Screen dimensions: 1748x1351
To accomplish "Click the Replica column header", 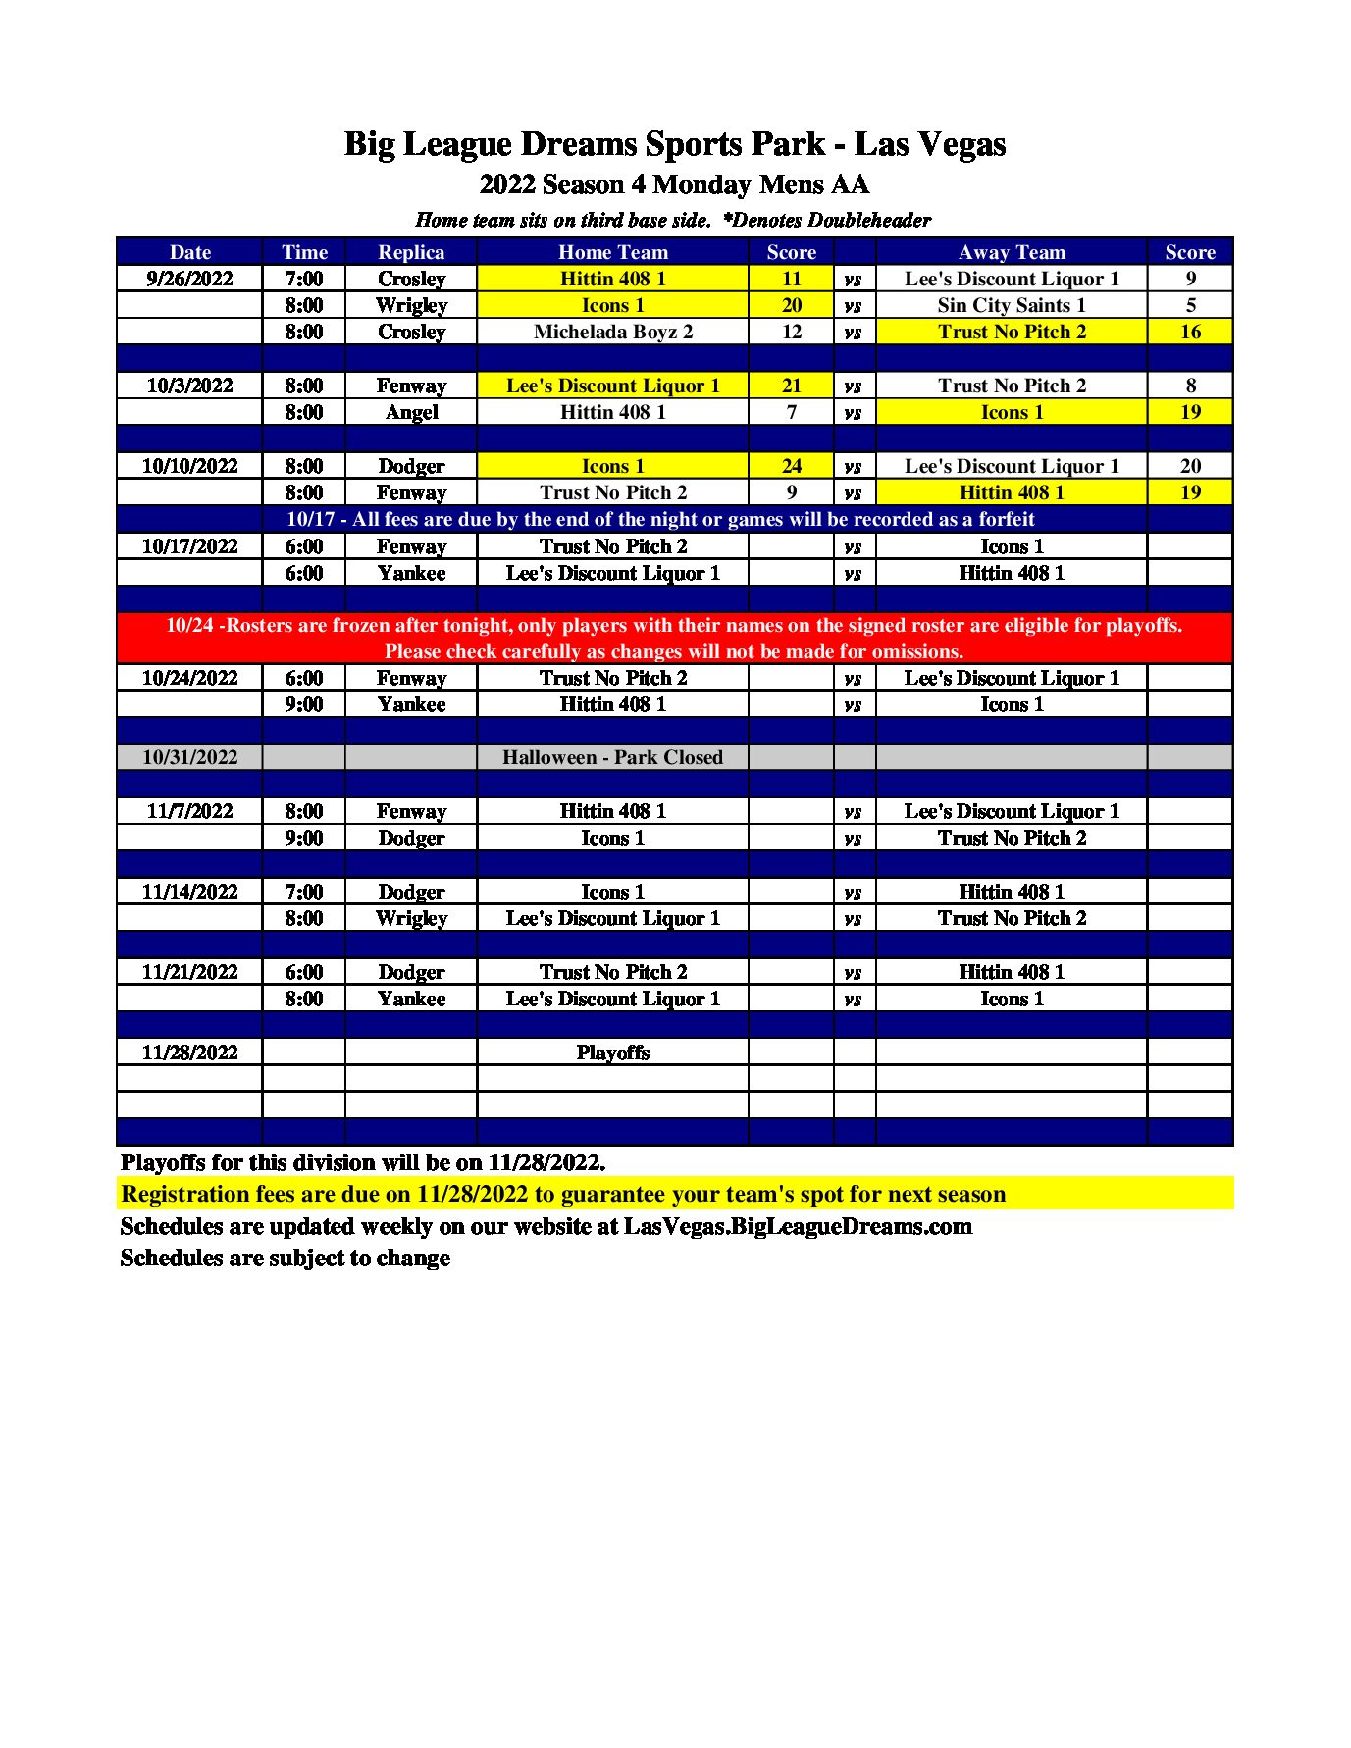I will [x=411, y=252].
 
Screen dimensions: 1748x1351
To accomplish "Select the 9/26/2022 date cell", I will [x=189, y=279].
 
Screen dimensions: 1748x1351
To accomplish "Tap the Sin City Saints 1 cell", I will [x=1011, y=305].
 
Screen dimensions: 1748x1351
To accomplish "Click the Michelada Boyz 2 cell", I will [x=612, y=332].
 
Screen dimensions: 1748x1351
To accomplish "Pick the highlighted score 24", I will [x=791, y=466].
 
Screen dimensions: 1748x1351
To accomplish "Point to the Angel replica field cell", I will [x=411, y=412].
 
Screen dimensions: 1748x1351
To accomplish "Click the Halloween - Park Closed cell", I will [x=612, y=757].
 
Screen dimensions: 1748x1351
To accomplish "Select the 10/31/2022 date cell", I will [x=189, y=757].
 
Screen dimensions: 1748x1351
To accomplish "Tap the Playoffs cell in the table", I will [x=612, y=1053].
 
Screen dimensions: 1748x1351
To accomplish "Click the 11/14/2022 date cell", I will [x=189, y=892].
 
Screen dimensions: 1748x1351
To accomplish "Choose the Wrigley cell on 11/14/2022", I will [x=411, y=918].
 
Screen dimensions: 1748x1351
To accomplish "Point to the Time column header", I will [x=304, y=252].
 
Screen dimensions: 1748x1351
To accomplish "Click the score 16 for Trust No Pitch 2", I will [x=1190, y=332].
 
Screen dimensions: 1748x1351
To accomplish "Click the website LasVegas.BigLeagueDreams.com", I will [x=798, y=1226].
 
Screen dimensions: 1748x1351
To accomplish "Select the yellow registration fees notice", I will [x=563, y=1194].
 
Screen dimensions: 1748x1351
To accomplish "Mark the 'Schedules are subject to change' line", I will [x=285, y=1258].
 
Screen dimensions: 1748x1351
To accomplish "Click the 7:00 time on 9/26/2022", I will [x=304, y=279].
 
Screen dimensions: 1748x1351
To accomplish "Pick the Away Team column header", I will [x=1011, y=252].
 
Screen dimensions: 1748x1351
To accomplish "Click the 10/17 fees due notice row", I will [x=660, y=519].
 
